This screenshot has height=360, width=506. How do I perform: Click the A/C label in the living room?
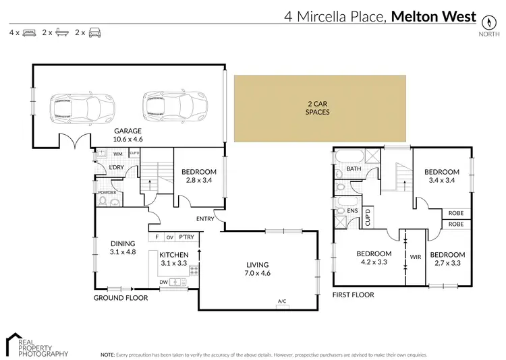(281, 301)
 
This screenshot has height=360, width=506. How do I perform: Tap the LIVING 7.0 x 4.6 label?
(258, 270)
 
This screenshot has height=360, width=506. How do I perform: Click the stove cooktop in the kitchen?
(194, 271)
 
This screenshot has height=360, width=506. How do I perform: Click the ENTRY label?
(206, 218)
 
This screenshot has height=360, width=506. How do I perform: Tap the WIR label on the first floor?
(415, 256)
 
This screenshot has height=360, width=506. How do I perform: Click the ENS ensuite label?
(352, 210)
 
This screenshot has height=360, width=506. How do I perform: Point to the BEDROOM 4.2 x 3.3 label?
(374, 258)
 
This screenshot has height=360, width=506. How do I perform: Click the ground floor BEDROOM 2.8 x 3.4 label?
(199, 176)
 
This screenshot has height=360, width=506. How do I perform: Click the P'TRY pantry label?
(186, 237)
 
